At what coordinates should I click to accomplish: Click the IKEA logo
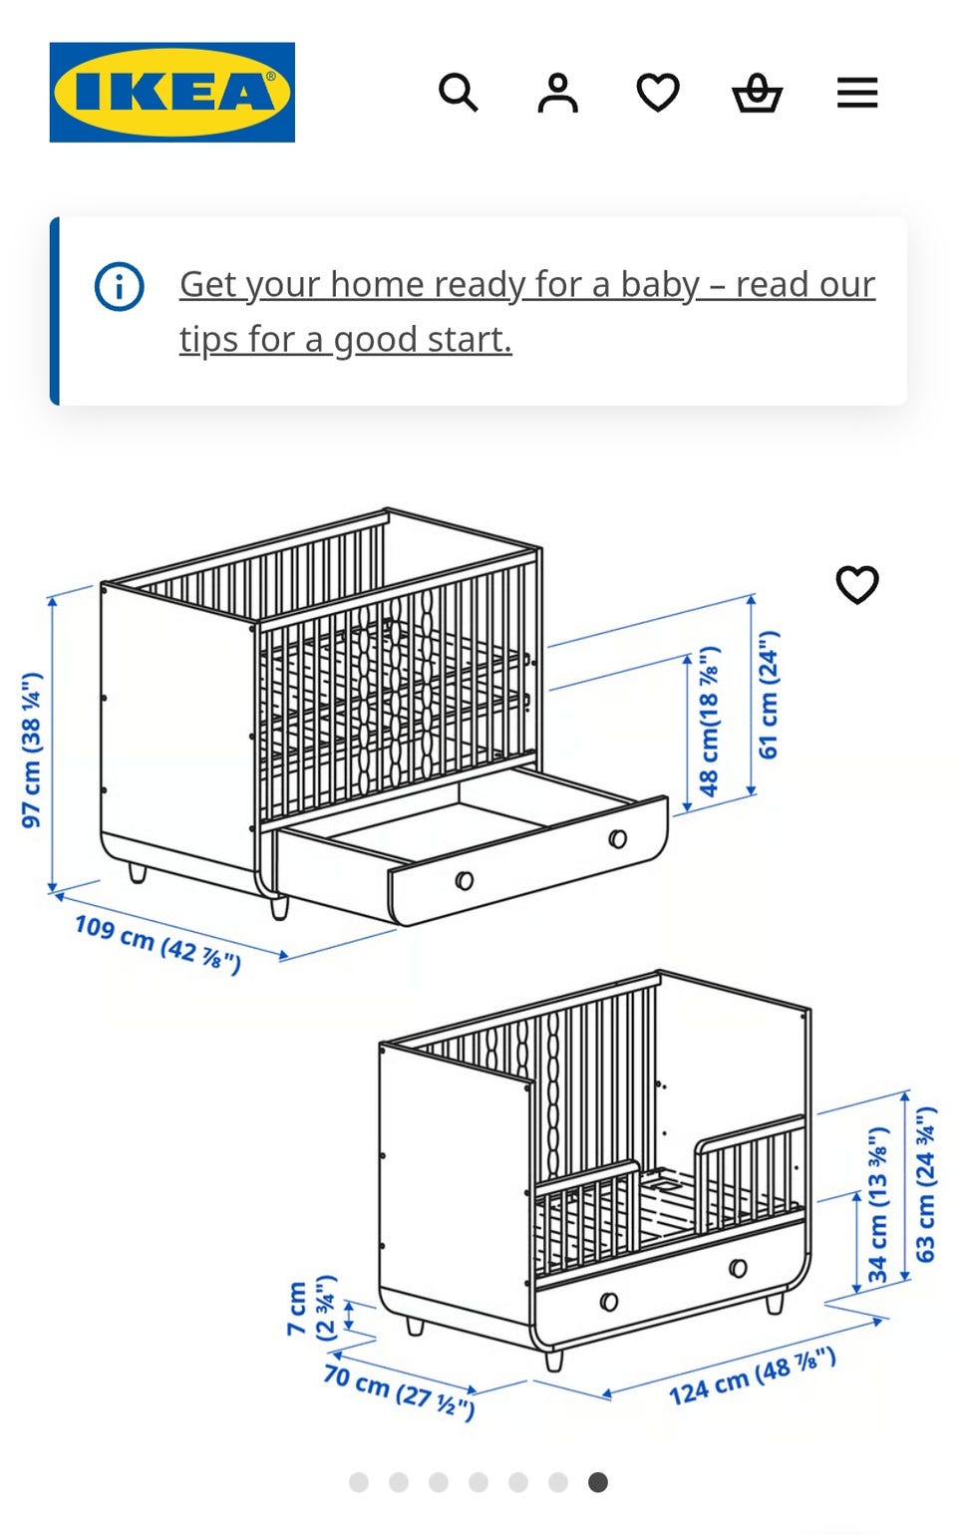[171, 92]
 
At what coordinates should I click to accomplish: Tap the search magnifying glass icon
[458, 93]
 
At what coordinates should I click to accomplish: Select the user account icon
[557, 93]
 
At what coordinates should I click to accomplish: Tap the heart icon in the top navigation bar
[657, 93]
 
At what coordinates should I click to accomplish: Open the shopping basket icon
[757, 93]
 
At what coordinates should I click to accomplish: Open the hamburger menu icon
[856, 93]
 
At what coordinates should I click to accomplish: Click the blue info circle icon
[120, 287]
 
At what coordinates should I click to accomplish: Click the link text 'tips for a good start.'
[345, 339]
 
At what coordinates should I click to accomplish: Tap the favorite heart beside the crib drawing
[856, 585]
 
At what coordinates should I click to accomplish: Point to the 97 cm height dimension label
[32, 750]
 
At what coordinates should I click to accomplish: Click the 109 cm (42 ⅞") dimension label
[158, 943]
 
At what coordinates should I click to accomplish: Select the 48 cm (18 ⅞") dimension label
[709, 721]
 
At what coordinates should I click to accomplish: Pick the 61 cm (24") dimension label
[769, 695]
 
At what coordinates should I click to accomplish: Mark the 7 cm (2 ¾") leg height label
[311, 1308]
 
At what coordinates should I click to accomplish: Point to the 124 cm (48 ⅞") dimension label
[752, 1376]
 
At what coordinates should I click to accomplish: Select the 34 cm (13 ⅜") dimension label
[877, 1204]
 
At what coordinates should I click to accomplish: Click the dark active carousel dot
[597, 1482]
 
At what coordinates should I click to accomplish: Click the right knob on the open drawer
[618, 838]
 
